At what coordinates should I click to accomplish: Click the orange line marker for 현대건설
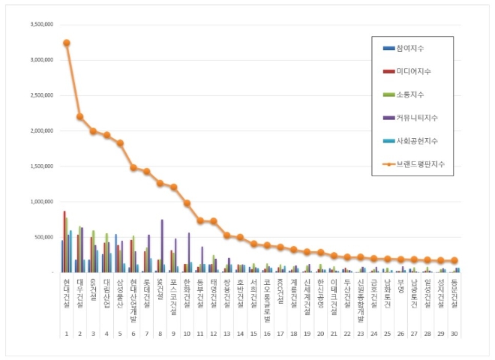[66, 43]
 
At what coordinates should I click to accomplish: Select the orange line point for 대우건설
[79, 117]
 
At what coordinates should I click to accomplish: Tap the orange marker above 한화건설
[187, 203]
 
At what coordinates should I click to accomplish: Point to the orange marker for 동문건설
[454, 261]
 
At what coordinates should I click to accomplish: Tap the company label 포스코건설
[173, 293]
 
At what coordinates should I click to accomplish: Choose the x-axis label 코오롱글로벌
[268, 295]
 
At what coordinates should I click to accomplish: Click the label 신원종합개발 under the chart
[361, 297]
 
